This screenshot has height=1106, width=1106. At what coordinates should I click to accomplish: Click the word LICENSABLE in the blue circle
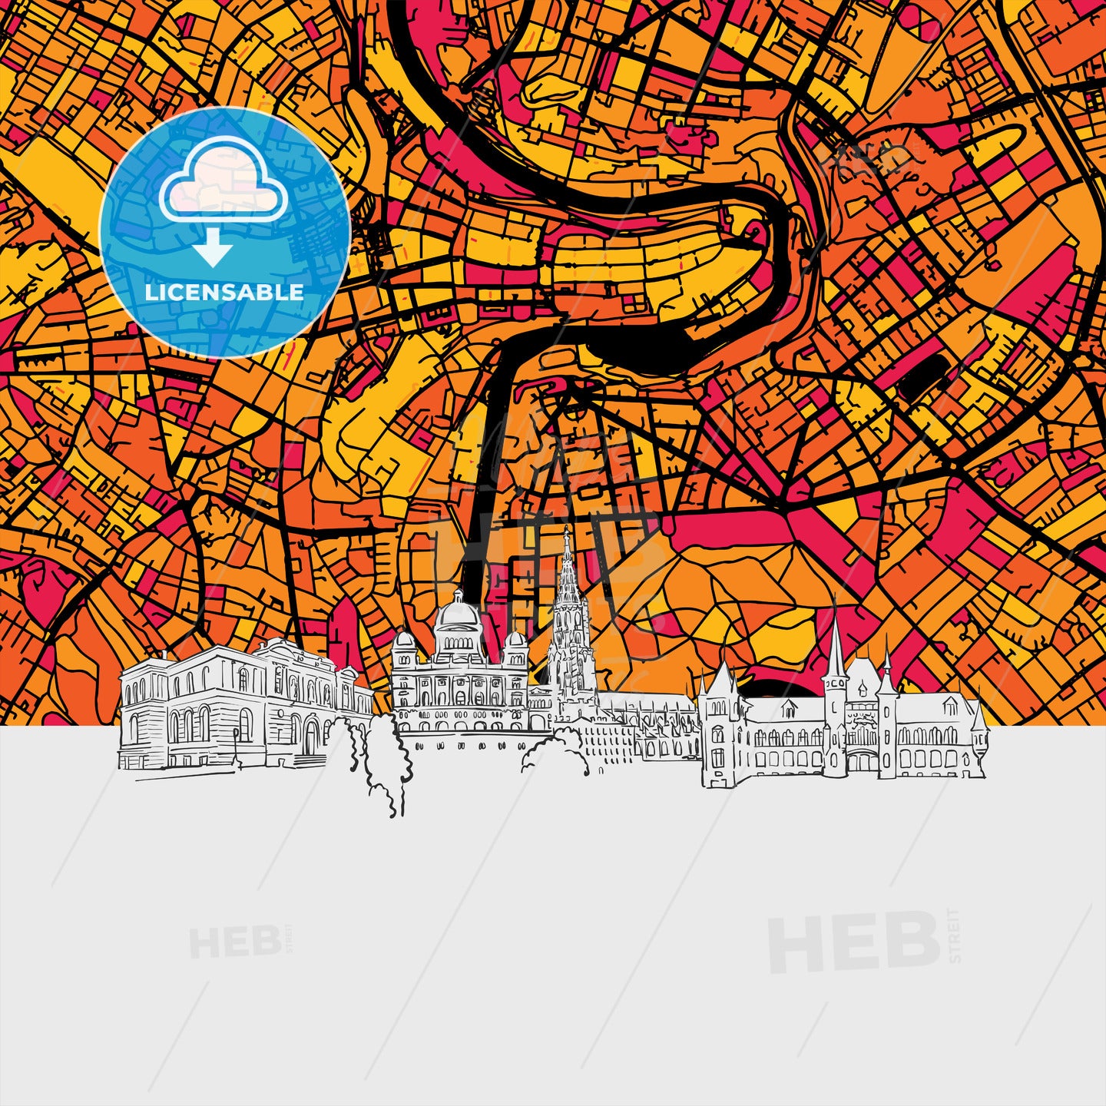point(224,293)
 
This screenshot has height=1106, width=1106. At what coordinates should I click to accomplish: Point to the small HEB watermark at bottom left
point(234,942)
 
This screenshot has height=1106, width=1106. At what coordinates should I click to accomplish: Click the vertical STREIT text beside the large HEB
point(954,935)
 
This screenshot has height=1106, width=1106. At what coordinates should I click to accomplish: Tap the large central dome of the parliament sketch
point(459,614)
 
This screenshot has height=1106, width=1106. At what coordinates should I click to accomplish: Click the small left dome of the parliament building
point(404,642)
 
